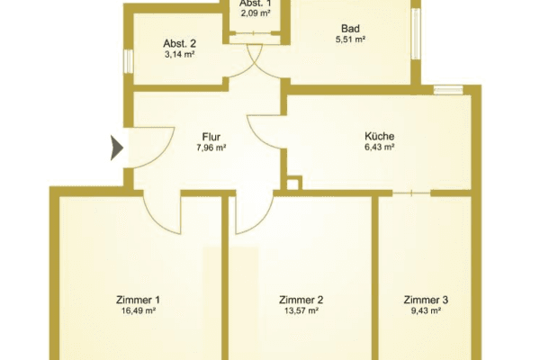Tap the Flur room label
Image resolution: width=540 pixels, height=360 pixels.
pos(212,137)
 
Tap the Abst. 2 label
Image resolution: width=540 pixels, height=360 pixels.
pos(179,43)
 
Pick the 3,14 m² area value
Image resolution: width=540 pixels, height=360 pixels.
pos(179,54)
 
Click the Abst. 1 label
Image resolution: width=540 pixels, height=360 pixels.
pos(253,4)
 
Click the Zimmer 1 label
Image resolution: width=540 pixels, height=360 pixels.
pos(138,300)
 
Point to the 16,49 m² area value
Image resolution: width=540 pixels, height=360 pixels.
pos(138,310)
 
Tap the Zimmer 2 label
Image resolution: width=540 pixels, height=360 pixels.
pos(301,300)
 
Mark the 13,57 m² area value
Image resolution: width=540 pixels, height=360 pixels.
pos(301,310)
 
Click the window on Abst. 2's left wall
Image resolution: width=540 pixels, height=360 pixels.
pos(129,59)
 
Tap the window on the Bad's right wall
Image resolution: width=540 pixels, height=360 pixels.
pos(415,35)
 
